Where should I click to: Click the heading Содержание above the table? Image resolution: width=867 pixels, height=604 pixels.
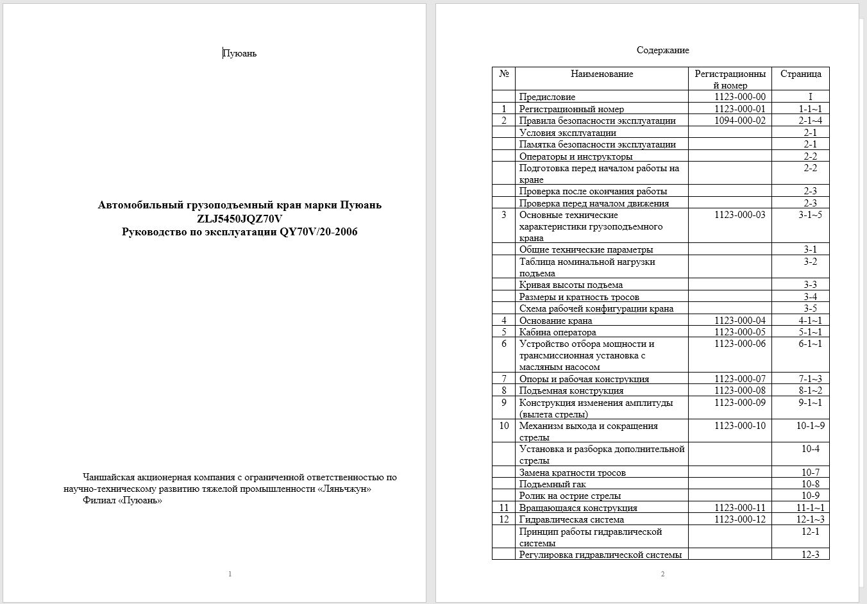662,50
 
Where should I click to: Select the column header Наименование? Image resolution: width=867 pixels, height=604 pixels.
602,74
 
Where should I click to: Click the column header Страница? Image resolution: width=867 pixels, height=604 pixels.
800,74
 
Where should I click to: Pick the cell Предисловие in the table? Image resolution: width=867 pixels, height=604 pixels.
547,97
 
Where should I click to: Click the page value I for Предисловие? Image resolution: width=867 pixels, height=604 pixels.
810,97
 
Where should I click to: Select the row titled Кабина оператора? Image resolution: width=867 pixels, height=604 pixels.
557,332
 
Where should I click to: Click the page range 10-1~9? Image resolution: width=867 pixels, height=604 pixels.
810,426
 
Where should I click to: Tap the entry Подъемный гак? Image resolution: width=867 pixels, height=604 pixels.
552,484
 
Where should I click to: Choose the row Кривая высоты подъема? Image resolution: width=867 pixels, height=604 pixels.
571,285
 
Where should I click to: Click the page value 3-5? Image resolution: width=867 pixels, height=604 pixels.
810,308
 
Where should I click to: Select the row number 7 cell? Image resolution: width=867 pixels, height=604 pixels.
504,379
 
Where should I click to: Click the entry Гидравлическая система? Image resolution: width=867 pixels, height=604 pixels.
571,519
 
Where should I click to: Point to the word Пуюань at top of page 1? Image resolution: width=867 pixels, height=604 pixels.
239,53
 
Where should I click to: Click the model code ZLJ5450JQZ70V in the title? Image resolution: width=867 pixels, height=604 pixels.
240,219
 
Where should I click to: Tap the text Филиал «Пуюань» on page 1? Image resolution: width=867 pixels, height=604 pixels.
122,500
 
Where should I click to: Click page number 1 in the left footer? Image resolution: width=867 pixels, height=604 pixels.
230,574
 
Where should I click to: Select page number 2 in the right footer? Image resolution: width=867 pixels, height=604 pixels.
662,574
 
